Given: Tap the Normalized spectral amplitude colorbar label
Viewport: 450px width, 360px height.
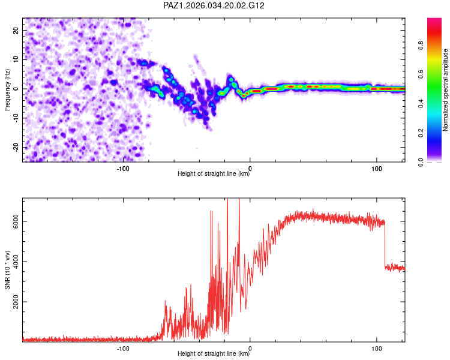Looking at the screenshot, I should point(446,90).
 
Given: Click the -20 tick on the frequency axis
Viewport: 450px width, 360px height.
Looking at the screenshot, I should point(16,147).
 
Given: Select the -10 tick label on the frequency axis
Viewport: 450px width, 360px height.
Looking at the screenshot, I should point(16,118).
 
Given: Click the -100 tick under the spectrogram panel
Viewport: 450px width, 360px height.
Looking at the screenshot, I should point(123,169).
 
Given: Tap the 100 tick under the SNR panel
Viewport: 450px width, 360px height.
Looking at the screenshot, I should point(377,349).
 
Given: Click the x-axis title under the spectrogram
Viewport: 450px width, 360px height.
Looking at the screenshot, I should point(214,174).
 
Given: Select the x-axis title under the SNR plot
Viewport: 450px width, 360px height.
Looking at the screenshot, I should point(214,354).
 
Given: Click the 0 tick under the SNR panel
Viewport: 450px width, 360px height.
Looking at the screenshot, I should point(250,349).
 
